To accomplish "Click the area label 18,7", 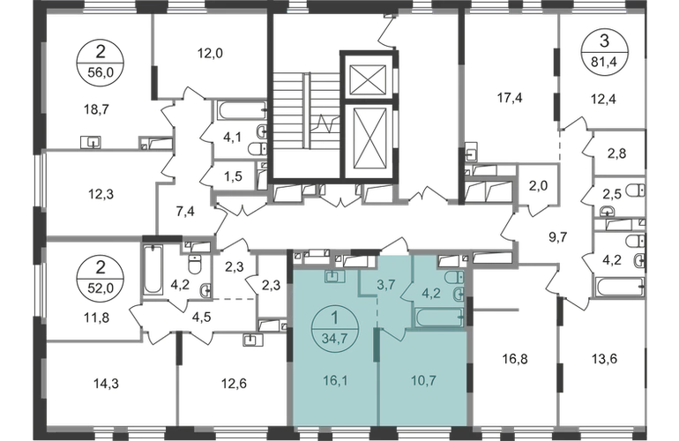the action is [96, 109].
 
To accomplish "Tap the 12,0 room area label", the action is [210, 54].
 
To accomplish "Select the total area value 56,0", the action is [101, 72].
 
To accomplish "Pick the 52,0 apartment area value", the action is [101, 287].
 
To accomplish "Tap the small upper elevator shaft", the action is [368, 79].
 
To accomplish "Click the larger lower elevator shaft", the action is [369, 139].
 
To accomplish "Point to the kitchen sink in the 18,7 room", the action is [91, 142].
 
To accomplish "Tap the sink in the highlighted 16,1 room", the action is [334, 276].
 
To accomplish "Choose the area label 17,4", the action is [510, 98].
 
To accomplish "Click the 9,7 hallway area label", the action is [557, 238].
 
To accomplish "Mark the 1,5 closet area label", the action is [234, 176].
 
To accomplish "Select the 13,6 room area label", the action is [604, 359].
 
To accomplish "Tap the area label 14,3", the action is [106, 384].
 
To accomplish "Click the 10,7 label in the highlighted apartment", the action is [423, 381].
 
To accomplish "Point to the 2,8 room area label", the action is [616, 153].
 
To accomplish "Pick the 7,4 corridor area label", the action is [185, 212].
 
